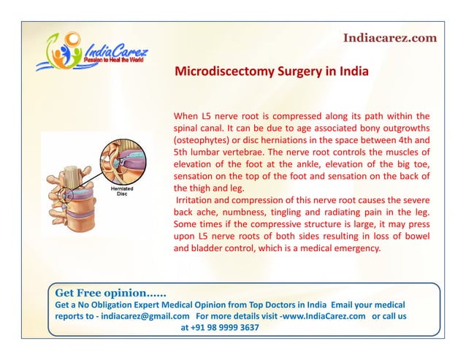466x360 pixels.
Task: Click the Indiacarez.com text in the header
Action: click(x=390, y=37)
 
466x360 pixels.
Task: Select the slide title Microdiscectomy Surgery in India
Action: click(x=271, y=73)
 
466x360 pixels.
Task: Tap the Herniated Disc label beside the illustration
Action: click(x=122, y=191)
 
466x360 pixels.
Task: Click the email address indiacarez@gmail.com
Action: click(x=137, y=316)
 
